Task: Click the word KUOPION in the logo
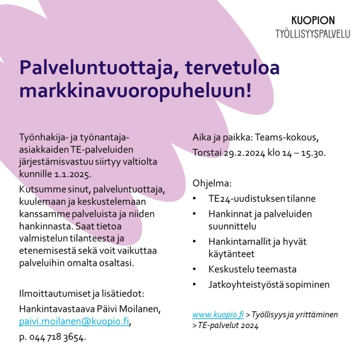[x=313, y=20]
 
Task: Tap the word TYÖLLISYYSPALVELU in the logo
[x=312, y=34]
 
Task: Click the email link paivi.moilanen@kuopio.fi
[x=74, y=321]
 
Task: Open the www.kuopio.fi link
[x=218, y=315]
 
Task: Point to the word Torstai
[x=207, y=153]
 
